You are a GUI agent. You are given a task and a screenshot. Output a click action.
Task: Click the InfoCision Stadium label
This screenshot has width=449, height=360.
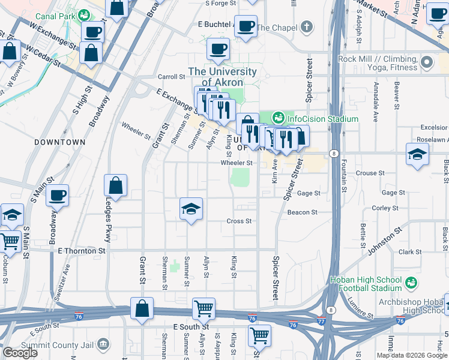click(323, 119)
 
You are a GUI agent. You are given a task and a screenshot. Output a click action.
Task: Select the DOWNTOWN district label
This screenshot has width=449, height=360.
click(59, 142)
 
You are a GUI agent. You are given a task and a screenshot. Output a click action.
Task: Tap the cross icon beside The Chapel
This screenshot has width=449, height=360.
click(307, 27)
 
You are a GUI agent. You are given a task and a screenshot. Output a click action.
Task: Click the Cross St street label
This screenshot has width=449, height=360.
click(239, 221)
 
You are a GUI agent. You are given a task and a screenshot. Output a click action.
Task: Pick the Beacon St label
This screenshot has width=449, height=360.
click(302, 212)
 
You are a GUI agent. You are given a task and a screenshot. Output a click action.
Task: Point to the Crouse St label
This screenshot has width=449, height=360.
click(366, 173)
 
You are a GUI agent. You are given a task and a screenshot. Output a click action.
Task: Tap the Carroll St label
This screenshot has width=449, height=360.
click(171, 77)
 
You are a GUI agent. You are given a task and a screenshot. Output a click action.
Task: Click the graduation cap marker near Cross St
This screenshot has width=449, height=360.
click(191, 209)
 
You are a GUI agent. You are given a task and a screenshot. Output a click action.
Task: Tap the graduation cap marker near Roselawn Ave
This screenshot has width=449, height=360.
click(417, 154)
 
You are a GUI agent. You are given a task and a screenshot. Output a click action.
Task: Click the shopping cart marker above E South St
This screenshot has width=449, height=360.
click(203, 309)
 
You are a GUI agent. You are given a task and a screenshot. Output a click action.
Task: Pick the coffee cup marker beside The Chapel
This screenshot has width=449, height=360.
click(246, 26)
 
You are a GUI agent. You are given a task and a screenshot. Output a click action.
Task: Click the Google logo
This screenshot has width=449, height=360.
click(20, 353)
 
